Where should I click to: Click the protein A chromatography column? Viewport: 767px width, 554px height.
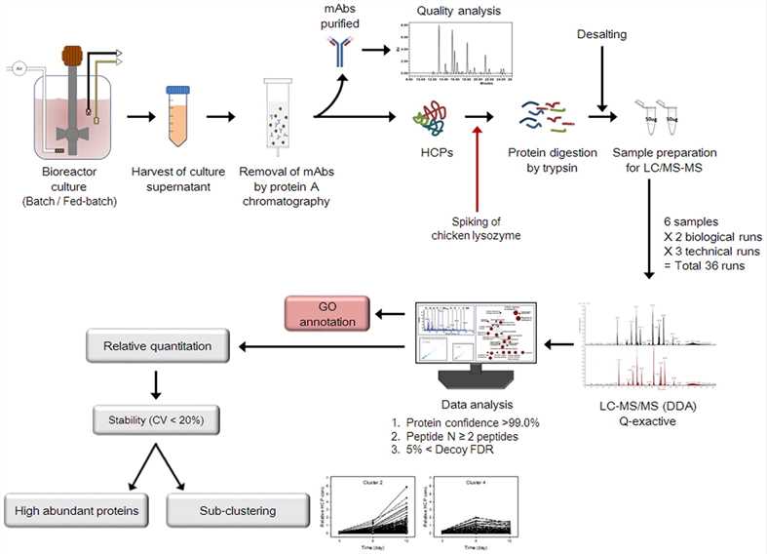[278, 118]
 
